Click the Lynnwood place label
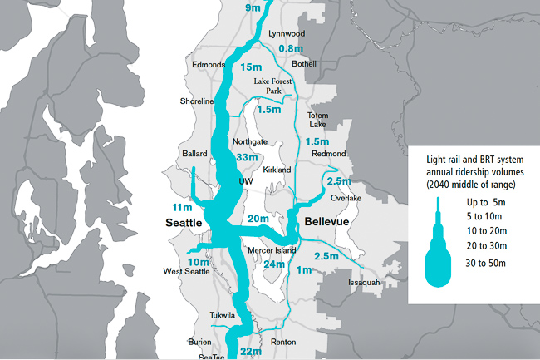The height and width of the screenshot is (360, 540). (x=287, y=33)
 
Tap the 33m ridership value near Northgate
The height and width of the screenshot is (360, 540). (x=247, y=157)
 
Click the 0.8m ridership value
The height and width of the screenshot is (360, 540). (x=290, y=49)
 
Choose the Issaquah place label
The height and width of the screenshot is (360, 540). (x=364, y=283)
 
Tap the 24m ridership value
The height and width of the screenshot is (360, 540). (x=273, y=265)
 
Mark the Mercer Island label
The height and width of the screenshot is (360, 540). (x=272, y=250)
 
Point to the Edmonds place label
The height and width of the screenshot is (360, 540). (x=208, y=65)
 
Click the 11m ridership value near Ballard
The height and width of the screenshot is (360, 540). (x=182, y=206)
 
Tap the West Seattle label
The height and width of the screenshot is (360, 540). (x=185, y=272)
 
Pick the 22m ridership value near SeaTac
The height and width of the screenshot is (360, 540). (x=252, y=353)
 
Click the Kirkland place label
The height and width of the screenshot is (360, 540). (x=277, y=170)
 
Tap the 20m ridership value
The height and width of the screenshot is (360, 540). (x=258, y=219)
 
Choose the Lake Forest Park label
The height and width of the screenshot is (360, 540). (x=274, y=86)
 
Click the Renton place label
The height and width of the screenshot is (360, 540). (x=283, y=342)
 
